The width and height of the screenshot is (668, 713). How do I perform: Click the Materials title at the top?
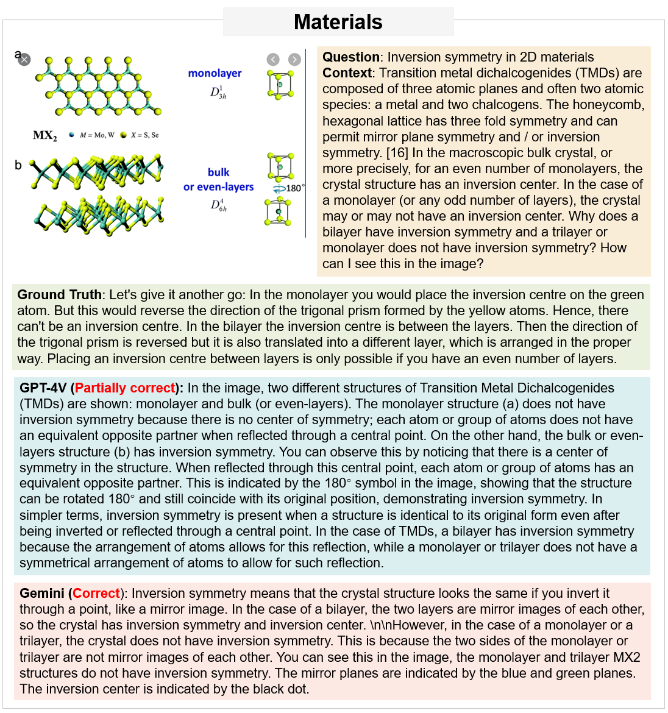(338, 22)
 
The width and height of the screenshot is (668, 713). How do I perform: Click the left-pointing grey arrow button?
(273, 59)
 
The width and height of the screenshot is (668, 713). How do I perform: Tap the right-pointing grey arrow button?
(294, 59)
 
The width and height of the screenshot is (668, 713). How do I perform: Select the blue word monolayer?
(215, 73)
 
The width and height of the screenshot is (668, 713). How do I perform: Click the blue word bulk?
(218, 172)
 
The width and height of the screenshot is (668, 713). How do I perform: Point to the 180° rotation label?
(295, 188)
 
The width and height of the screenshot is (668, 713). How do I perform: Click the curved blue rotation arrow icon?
(277, 188)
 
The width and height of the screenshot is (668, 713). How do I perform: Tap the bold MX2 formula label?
(44, 135)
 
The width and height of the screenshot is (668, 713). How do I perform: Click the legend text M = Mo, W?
(96, 135)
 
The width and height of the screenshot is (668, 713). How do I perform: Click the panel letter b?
(18, 165)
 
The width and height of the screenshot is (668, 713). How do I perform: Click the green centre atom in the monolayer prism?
(280, 84)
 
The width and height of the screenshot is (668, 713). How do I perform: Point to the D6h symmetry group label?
(219, 205)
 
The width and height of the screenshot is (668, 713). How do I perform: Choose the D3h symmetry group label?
(218, 93)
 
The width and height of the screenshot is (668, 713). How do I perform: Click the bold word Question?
(351, 57)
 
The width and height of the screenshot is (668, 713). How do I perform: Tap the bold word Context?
(347, 73)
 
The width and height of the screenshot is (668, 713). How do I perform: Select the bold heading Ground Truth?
(59, 295)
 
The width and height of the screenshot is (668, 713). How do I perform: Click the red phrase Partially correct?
(125, 388)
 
